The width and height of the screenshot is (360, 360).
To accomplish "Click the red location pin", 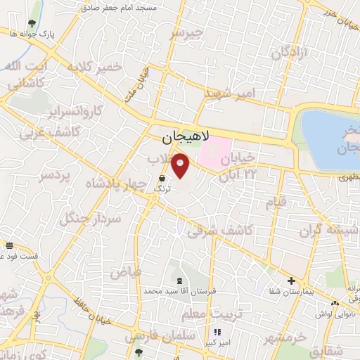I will (181, 165).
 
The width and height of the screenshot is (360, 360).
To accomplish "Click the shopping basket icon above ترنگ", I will (162, 179).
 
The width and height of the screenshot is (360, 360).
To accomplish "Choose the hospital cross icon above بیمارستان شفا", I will (290, 280).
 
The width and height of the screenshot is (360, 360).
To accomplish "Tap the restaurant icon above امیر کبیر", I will (217, 332).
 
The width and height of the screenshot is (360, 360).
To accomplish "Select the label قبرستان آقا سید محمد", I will (172, 290).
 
